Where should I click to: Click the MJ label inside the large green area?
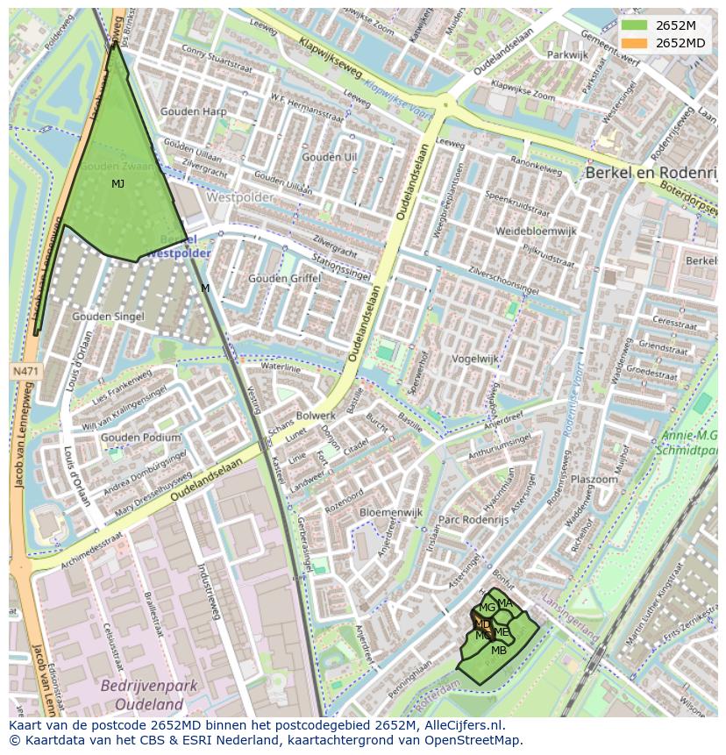[x=117, y=184]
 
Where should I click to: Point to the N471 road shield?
[x=25, y=372]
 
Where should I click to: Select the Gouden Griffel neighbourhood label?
[x=284, y=278]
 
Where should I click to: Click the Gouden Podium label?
[x=140, y=438]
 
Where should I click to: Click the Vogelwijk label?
[x=475, y=359]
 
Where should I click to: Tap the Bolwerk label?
[x=316, y=415]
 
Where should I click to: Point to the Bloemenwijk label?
[x=391, y=511]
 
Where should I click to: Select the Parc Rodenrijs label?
[x=473, y=519]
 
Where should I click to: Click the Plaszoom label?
[x=594, y=480]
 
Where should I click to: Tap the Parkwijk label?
[x=567, y=54]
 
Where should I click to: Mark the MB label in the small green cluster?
[x=498, y=651]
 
